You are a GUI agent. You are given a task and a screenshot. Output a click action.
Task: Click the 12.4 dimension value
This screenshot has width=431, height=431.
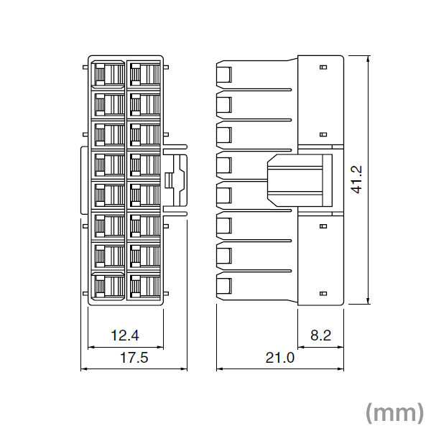(125, 335)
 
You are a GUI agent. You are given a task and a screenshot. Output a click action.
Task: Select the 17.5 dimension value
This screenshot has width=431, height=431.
(134, 358)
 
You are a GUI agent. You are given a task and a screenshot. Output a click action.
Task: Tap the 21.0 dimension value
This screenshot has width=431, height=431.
(280, 358)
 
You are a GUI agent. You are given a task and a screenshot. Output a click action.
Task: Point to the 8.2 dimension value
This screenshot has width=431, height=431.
(321, 335)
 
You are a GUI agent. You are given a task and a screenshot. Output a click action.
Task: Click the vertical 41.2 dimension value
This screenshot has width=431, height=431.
(357, 180)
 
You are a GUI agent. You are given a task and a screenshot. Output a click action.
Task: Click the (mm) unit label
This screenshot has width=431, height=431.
(394, 412)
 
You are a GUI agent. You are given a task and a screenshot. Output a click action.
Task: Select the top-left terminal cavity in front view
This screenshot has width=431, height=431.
(109, 74)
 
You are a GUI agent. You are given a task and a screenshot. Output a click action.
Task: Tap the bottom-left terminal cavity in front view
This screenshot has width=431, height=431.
(109, 287)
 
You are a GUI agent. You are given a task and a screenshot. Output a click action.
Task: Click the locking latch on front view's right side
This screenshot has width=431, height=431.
(175, 180)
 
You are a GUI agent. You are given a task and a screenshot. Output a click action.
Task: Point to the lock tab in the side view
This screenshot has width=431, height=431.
(300, 180)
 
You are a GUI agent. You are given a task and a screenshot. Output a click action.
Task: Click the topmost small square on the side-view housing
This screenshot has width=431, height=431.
(324, 67)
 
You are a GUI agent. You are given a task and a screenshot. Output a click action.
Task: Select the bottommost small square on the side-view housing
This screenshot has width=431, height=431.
(324, 294)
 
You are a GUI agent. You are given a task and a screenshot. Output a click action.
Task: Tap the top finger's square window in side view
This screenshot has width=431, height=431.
(224, 75)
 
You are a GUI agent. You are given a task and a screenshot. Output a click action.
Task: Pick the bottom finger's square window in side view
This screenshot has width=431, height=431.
(224, 287)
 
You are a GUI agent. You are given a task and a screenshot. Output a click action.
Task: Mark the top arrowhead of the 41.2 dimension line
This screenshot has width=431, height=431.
(368, 59)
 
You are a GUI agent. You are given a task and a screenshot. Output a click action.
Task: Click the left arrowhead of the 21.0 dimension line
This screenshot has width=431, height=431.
(221, 369)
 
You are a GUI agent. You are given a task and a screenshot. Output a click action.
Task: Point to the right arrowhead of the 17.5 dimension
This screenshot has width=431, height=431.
(183, 369)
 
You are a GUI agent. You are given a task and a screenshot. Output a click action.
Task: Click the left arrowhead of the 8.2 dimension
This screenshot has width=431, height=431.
(302, 347)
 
